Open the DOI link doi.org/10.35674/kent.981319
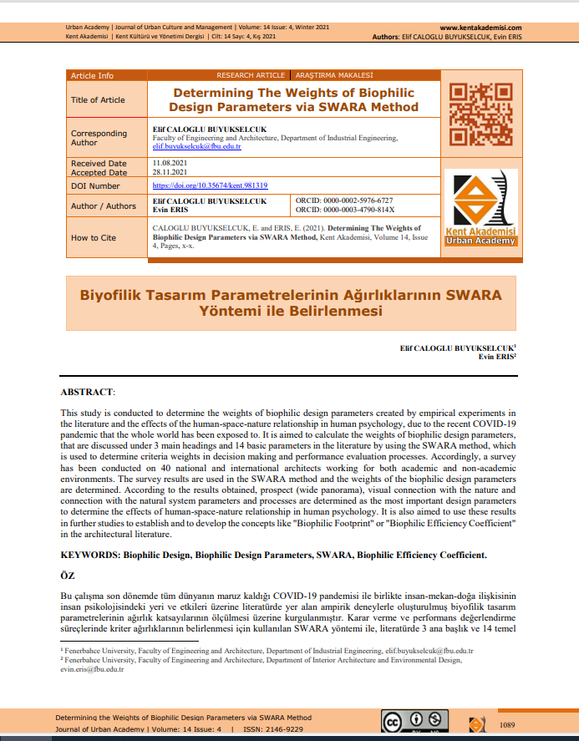210,185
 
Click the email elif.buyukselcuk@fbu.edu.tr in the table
196,146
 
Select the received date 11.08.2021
169,161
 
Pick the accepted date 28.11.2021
169,171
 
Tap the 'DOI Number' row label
95,186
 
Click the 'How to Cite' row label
94,237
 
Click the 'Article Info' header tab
92,76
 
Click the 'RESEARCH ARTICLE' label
251,76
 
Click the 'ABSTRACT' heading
88,392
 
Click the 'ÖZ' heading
68,576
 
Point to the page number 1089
510,723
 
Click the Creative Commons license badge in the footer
414,722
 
